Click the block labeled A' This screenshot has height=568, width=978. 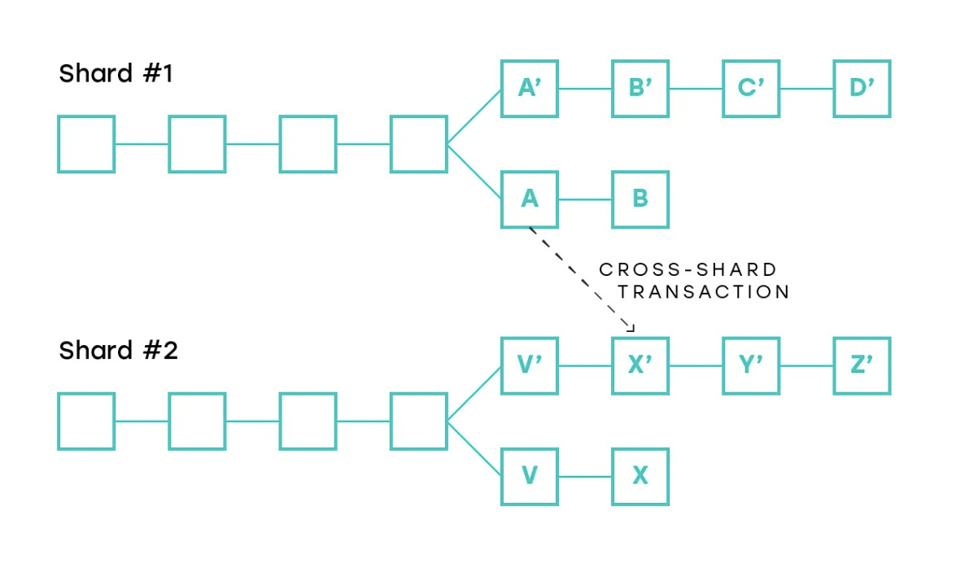(529, 88)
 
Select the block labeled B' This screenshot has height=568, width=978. (640, 88)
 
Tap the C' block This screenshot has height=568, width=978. (751, 88)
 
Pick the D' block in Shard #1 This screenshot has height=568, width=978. (862, 88)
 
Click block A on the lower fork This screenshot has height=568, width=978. (529, 199)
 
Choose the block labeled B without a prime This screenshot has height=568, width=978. (640, 199)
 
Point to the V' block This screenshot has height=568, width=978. (529, 365)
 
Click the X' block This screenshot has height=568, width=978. (640, 365)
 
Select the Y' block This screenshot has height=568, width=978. (751, 365)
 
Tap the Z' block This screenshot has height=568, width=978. (862, 365)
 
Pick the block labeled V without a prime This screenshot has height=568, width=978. (529, 477)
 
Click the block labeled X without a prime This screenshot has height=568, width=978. (640, 477)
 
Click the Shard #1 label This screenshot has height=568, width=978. (116, 74)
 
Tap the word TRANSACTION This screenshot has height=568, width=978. (704, 291)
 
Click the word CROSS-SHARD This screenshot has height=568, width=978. (688, 269)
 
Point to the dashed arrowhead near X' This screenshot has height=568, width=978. (630, 327)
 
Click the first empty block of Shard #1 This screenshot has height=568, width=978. (86, 144)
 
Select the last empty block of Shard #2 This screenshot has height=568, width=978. (418, 422)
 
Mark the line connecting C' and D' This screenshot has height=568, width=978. (806, 88)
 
